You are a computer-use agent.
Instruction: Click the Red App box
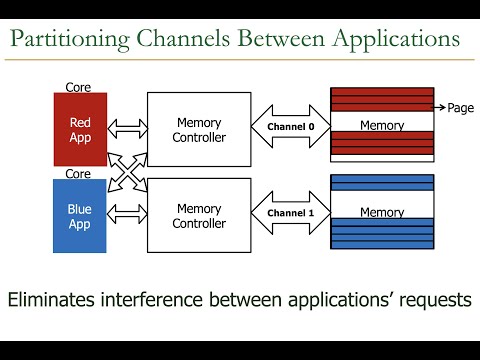[79, 129]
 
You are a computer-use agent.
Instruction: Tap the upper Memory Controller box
[198, 129]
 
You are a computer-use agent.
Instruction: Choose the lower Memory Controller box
[198, 215]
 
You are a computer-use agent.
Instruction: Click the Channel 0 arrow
[290, 127]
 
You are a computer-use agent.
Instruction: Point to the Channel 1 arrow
[290, 213]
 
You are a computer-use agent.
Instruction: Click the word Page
[460, 107]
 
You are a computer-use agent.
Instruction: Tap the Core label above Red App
[79, 88]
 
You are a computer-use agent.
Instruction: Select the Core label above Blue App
[79, 173]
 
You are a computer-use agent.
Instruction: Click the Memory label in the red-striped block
[382, 126]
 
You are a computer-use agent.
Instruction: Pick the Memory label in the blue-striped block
[382, 213]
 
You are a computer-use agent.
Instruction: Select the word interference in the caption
[184, 298]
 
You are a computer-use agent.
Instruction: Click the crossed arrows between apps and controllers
[127, 170]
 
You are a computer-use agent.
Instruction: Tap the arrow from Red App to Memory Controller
[127, 128]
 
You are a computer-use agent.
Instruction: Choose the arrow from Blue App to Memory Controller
[127, 213]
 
